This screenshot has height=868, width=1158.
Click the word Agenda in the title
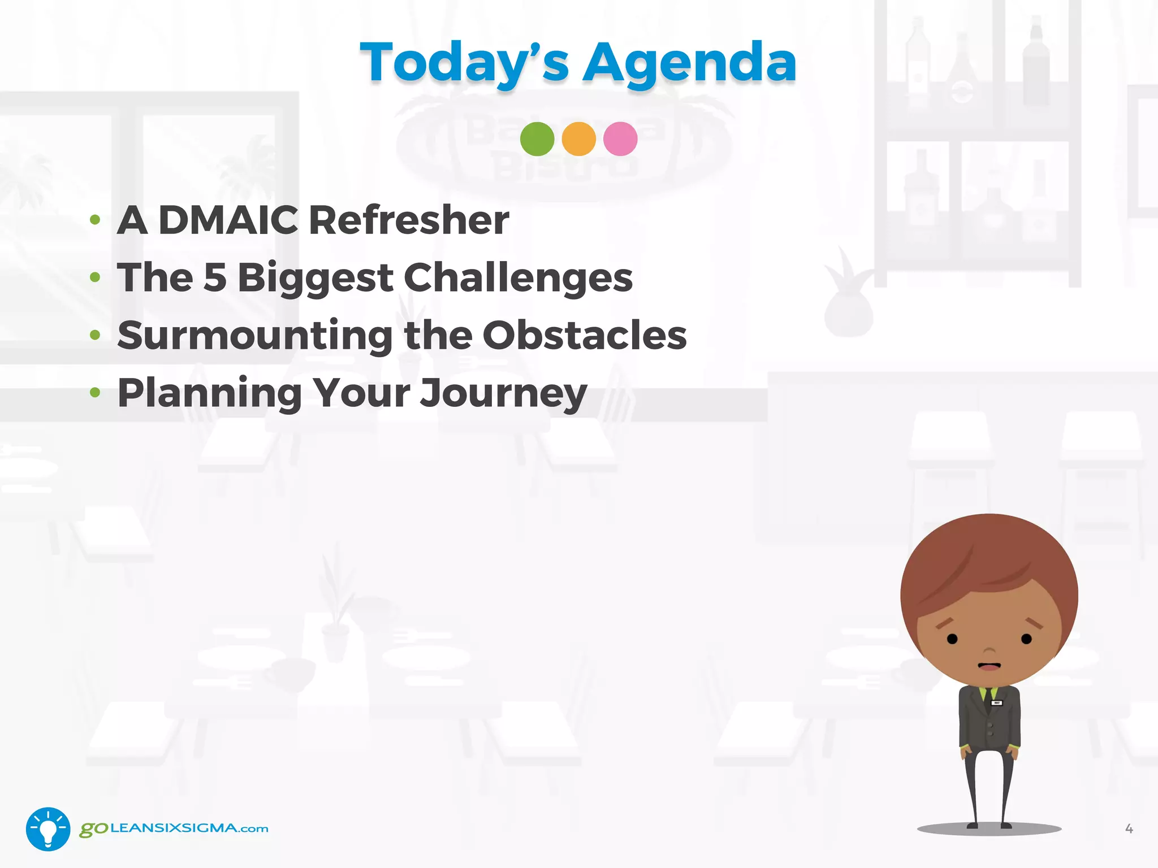click(x=689, y=63)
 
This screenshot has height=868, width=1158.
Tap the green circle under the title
click(x=537, y=139)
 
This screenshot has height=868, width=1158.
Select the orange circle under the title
click(x=578, y=139)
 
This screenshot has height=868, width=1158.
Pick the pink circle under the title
click(x=620, y=139)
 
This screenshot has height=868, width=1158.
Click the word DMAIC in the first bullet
click(x=228, y=220)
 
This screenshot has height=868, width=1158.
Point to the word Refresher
click(x=409, y=220)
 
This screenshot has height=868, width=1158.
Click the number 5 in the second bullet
click(x=215, y=277)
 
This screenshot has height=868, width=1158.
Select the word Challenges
click(x=518, y=279)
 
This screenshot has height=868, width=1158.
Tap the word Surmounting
click(x=254, y=336)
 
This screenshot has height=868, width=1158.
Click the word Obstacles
click(x=585, y=335)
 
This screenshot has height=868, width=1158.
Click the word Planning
click(x=209, y=394)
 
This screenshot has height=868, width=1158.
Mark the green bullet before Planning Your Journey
click(x=95, y=392)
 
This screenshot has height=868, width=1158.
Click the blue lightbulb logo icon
click(x=48, y=828)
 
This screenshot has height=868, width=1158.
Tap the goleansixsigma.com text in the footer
click(x=174, y=828)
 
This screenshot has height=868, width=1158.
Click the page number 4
click(x=1129, y=828)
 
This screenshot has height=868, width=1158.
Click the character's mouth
click(x=989, y=666)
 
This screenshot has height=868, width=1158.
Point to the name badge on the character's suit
click(x=997, y=703)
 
